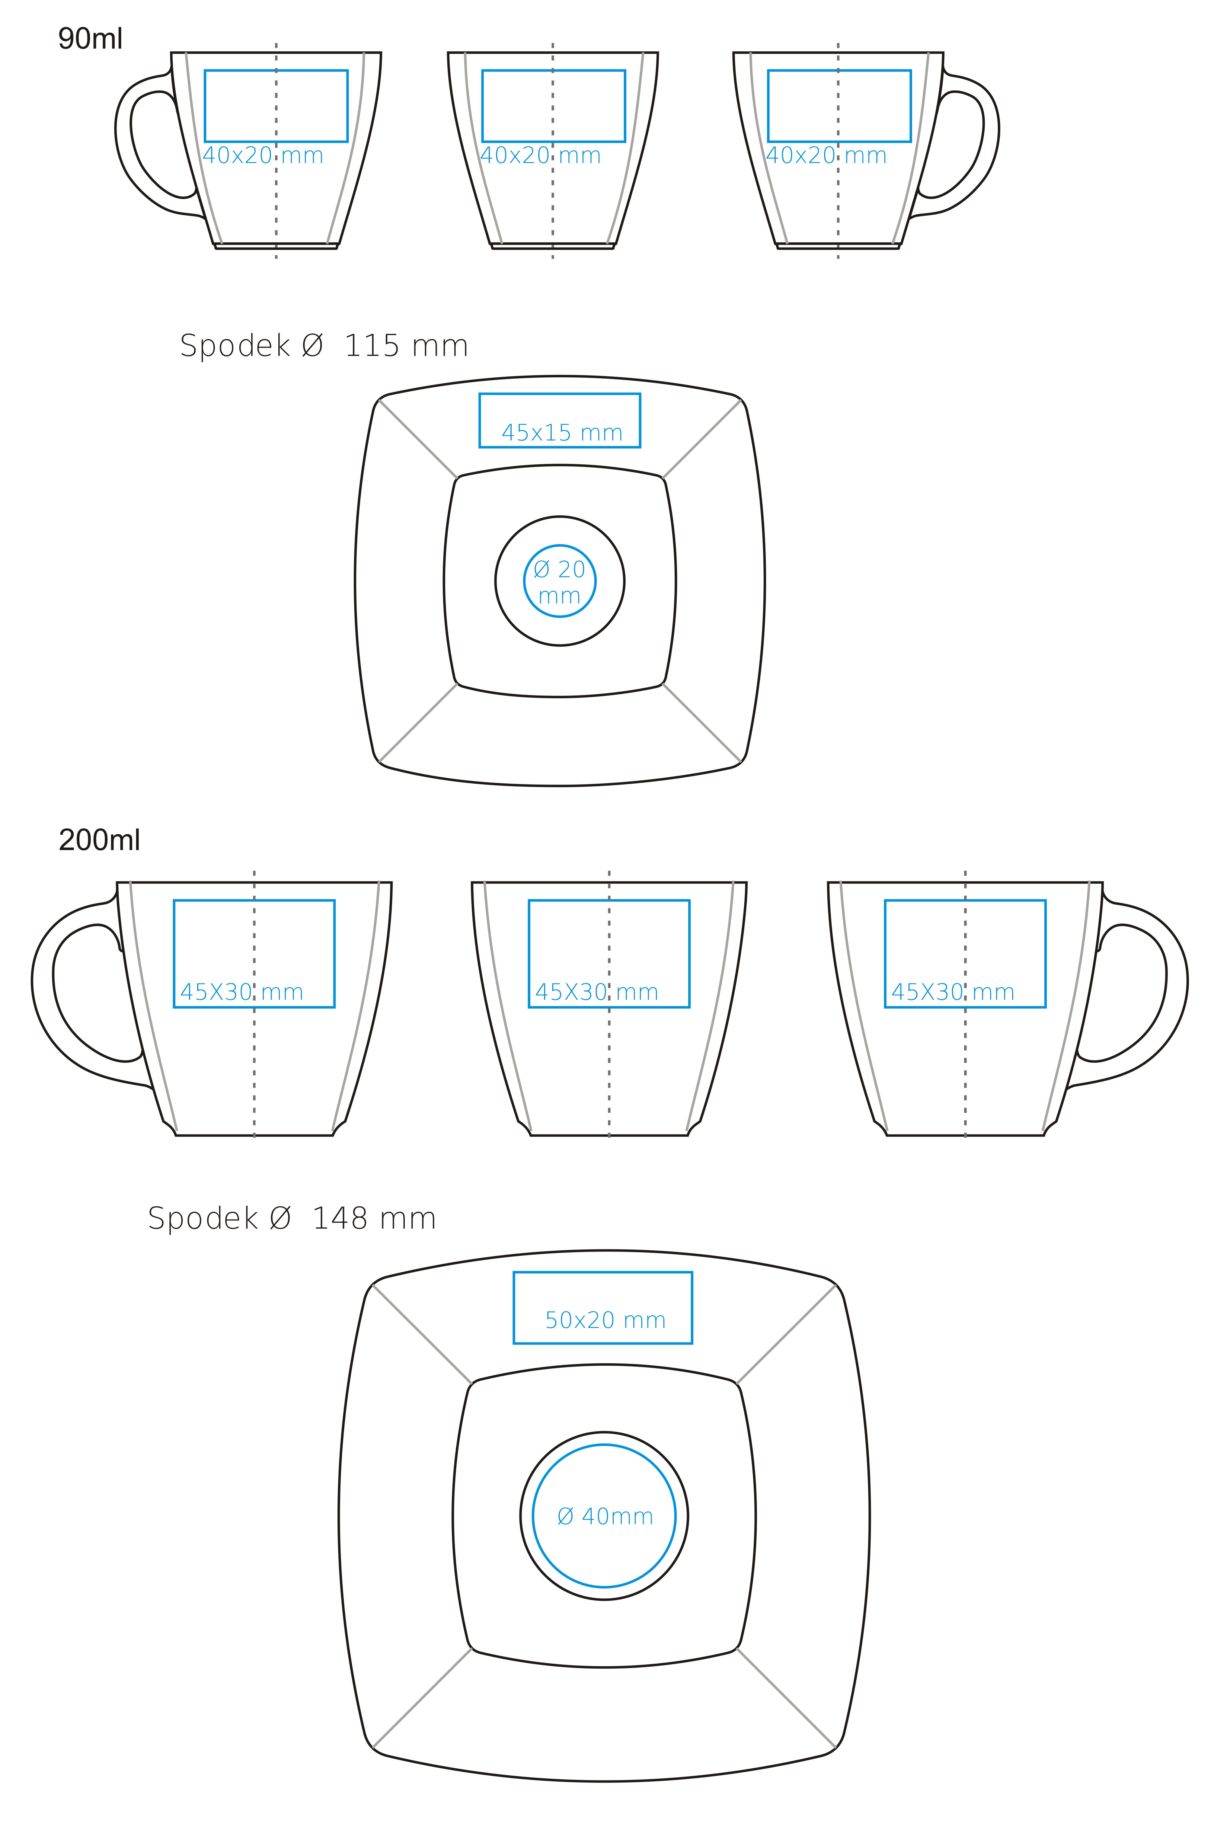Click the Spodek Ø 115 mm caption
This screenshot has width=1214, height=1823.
324,345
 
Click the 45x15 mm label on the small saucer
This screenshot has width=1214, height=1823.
562,433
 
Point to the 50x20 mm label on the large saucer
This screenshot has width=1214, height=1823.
605,1320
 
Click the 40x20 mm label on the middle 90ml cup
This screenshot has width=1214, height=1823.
540,155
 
